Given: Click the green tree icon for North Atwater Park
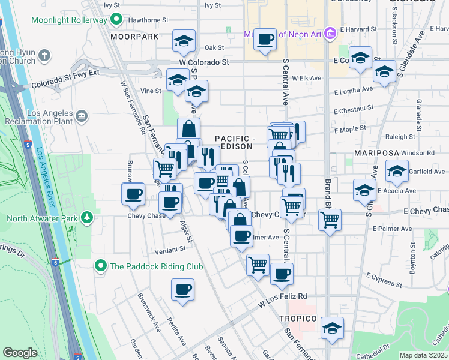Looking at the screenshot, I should click(x=88, y=216).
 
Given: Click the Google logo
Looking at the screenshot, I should click(x=20, y=353).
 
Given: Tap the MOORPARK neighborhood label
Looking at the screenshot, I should click(x=134, y=37).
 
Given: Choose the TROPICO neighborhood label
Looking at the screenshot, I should click(x=297, y=317).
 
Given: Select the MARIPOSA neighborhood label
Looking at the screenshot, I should click(x=375, y=154).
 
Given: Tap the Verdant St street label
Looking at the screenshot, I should click(x=170, y=249).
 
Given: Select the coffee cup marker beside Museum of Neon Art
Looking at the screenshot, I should click(x=264, y=40).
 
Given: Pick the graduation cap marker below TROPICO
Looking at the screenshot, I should click(x=331, y=328).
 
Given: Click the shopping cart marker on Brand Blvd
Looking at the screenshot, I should click(x=330, y=221).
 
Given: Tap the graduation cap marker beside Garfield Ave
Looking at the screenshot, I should click(x=397, y=172).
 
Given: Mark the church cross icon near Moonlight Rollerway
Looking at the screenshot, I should click(x=44, y=56).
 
